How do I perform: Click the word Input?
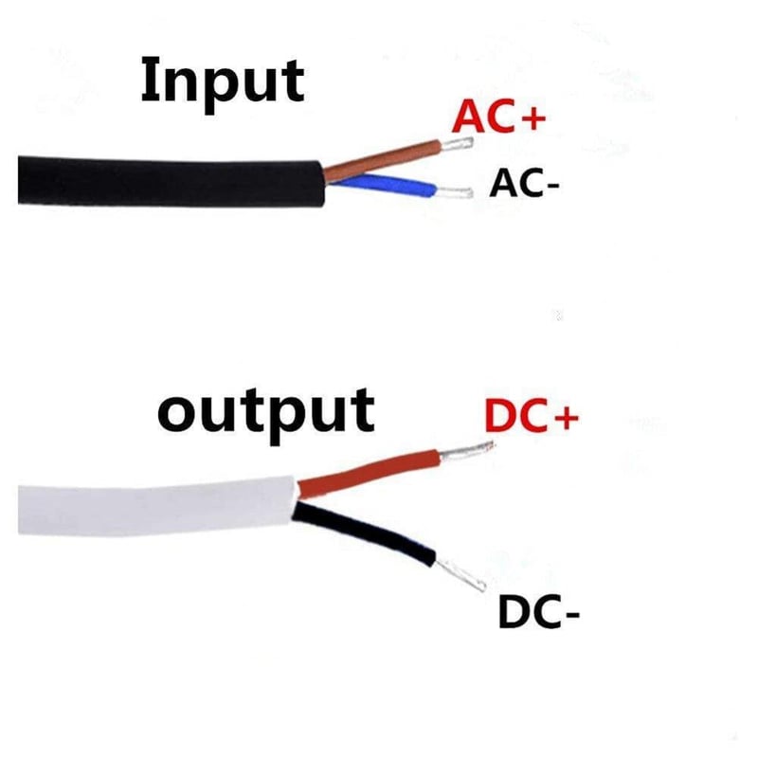pyautogui.click(x=223, y=83)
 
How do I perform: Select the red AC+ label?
pyautogui.click(x=499, y=116)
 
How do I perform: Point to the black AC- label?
pyautogui.click(x=524, y=183)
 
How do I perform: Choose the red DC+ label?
pyautogui.click(x=532, y=415)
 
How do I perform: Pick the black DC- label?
pyautogui.click(x=538, y=612)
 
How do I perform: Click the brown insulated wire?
pyautogui.click(x=382, y=159)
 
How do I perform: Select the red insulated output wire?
pyautogui.click(x=369, y=472)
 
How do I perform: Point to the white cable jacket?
pyautogui.click(x=157, y=507)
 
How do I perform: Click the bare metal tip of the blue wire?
pyautogui.click(x=454, y=192)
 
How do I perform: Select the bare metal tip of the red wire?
pyautogui.click(x=466, y=451)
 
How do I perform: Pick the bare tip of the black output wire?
pyautogui.click(x=460, y=575)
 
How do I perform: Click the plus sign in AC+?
pyautogui.click(x=533, y=117)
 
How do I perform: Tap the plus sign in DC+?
pyautogui.click(x=566, y=416)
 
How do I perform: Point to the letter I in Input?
pyautogui.click(x=148, y=80)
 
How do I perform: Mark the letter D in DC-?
pyautogui.click(x=513, y=612)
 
